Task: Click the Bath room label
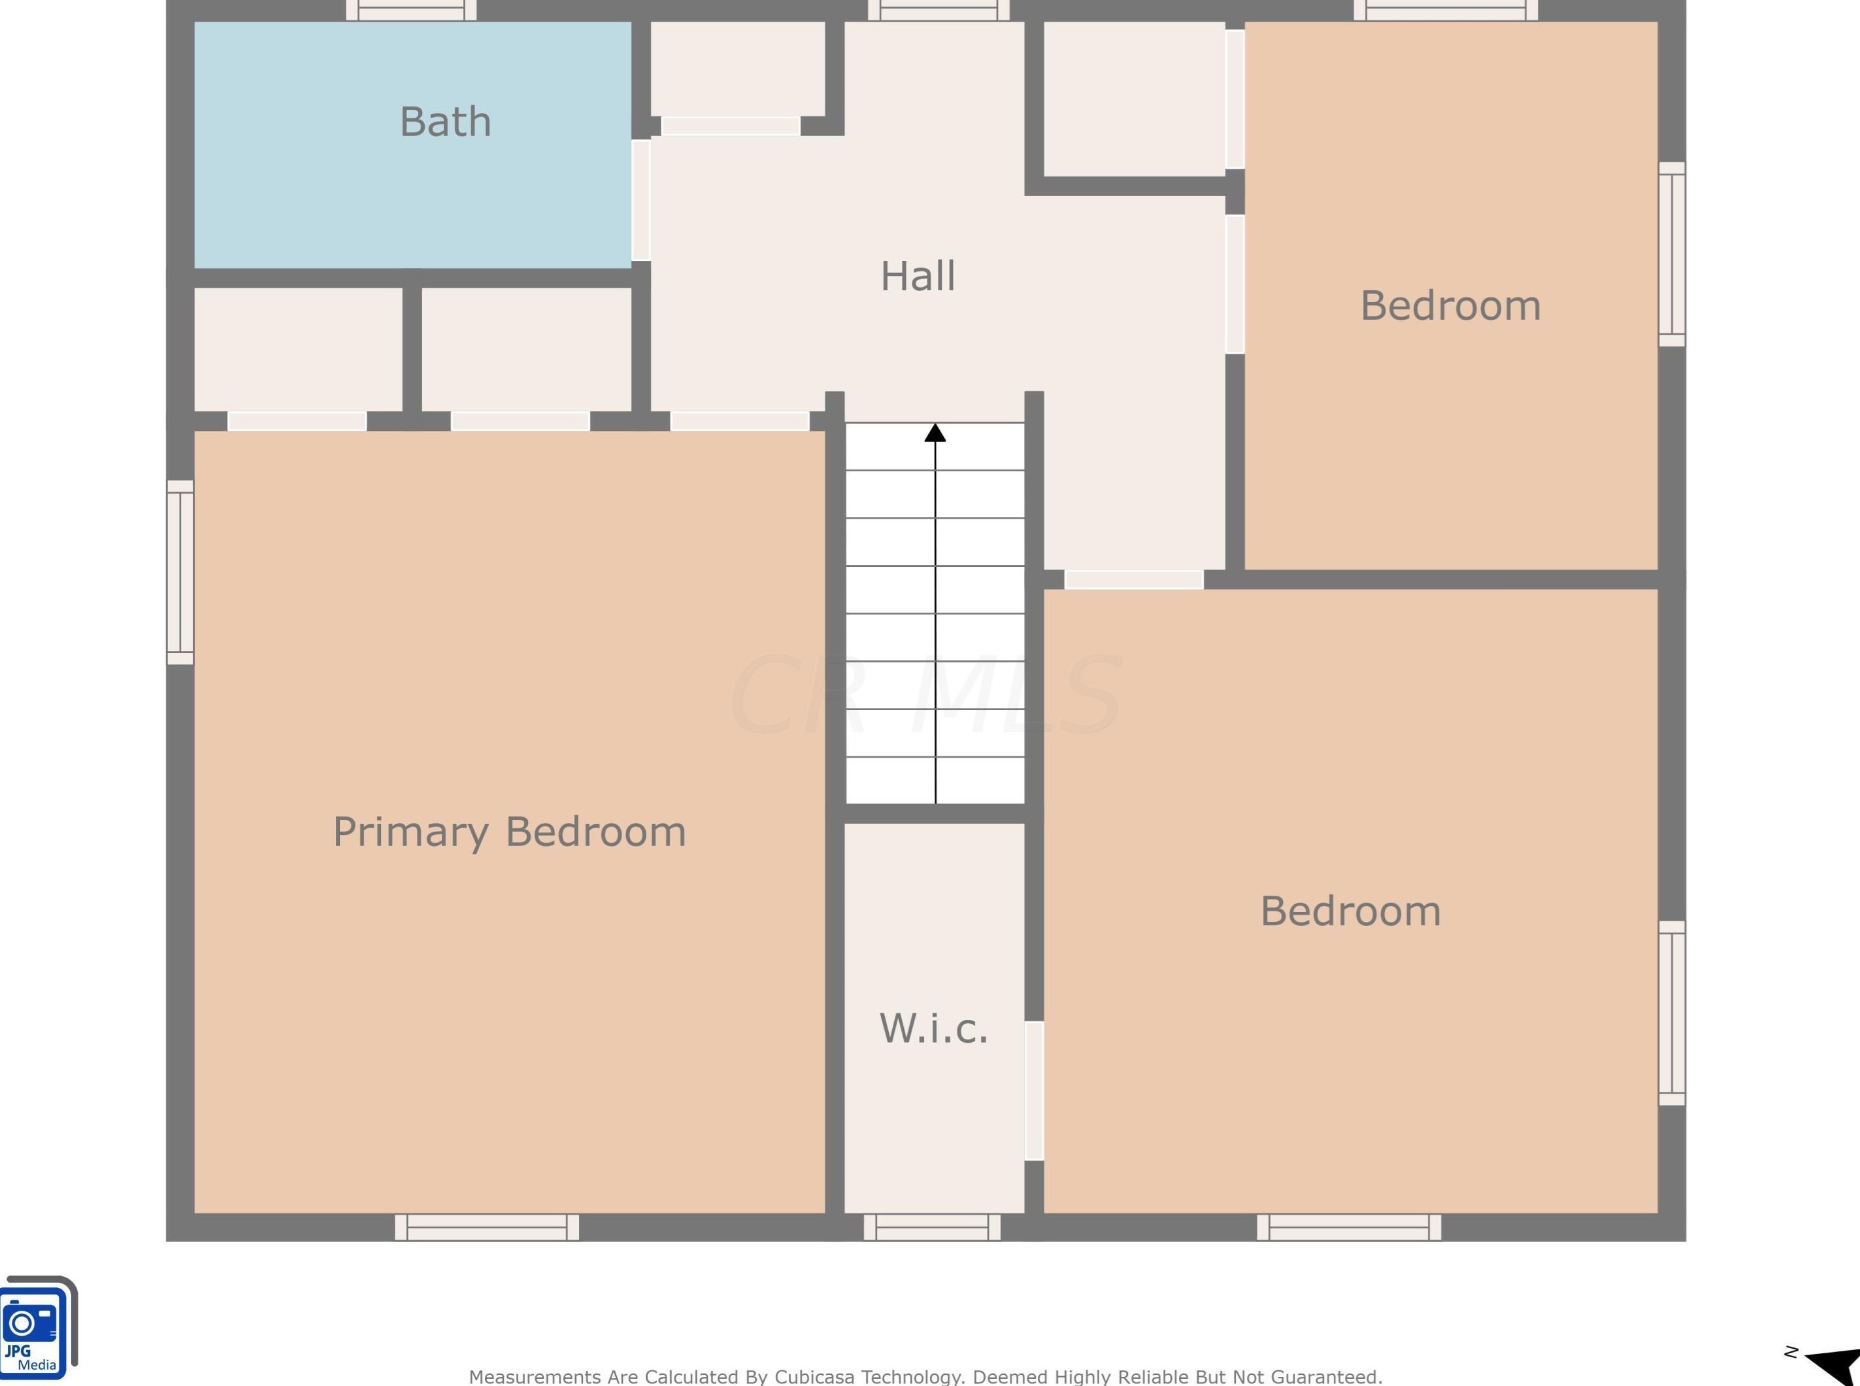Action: pyautogui.click(x=445, y=122)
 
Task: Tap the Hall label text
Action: pyautogui.click(x=918, y=276)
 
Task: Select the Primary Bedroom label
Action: pyautogui.click(x=510, y=832)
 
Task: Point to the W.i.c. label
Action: pyautogui.click(x=933, y=1028)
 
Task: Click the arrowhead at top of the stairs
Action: pyautogui.click(x=935, y=433)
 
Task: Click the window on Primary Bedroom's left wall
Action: pyautogui.click(x=180, y=572)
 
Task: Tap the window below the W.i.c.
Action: pyautogui.click(x=932, y=1226)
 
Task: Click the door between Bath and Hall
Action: pyautogui.click(x=640, y=199)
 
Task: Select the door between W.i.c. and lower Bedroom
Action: pyautogui.click(x=1034, y=1090)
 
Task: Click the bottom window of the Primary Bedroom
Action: pyautogui.click(x=486, y=1226)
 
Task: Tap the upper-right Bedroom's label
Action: pyautogui.click(x=1451, y=305)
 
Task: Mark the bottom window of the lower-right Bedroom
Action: pyautogui.click(x=1348, y=1226)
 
